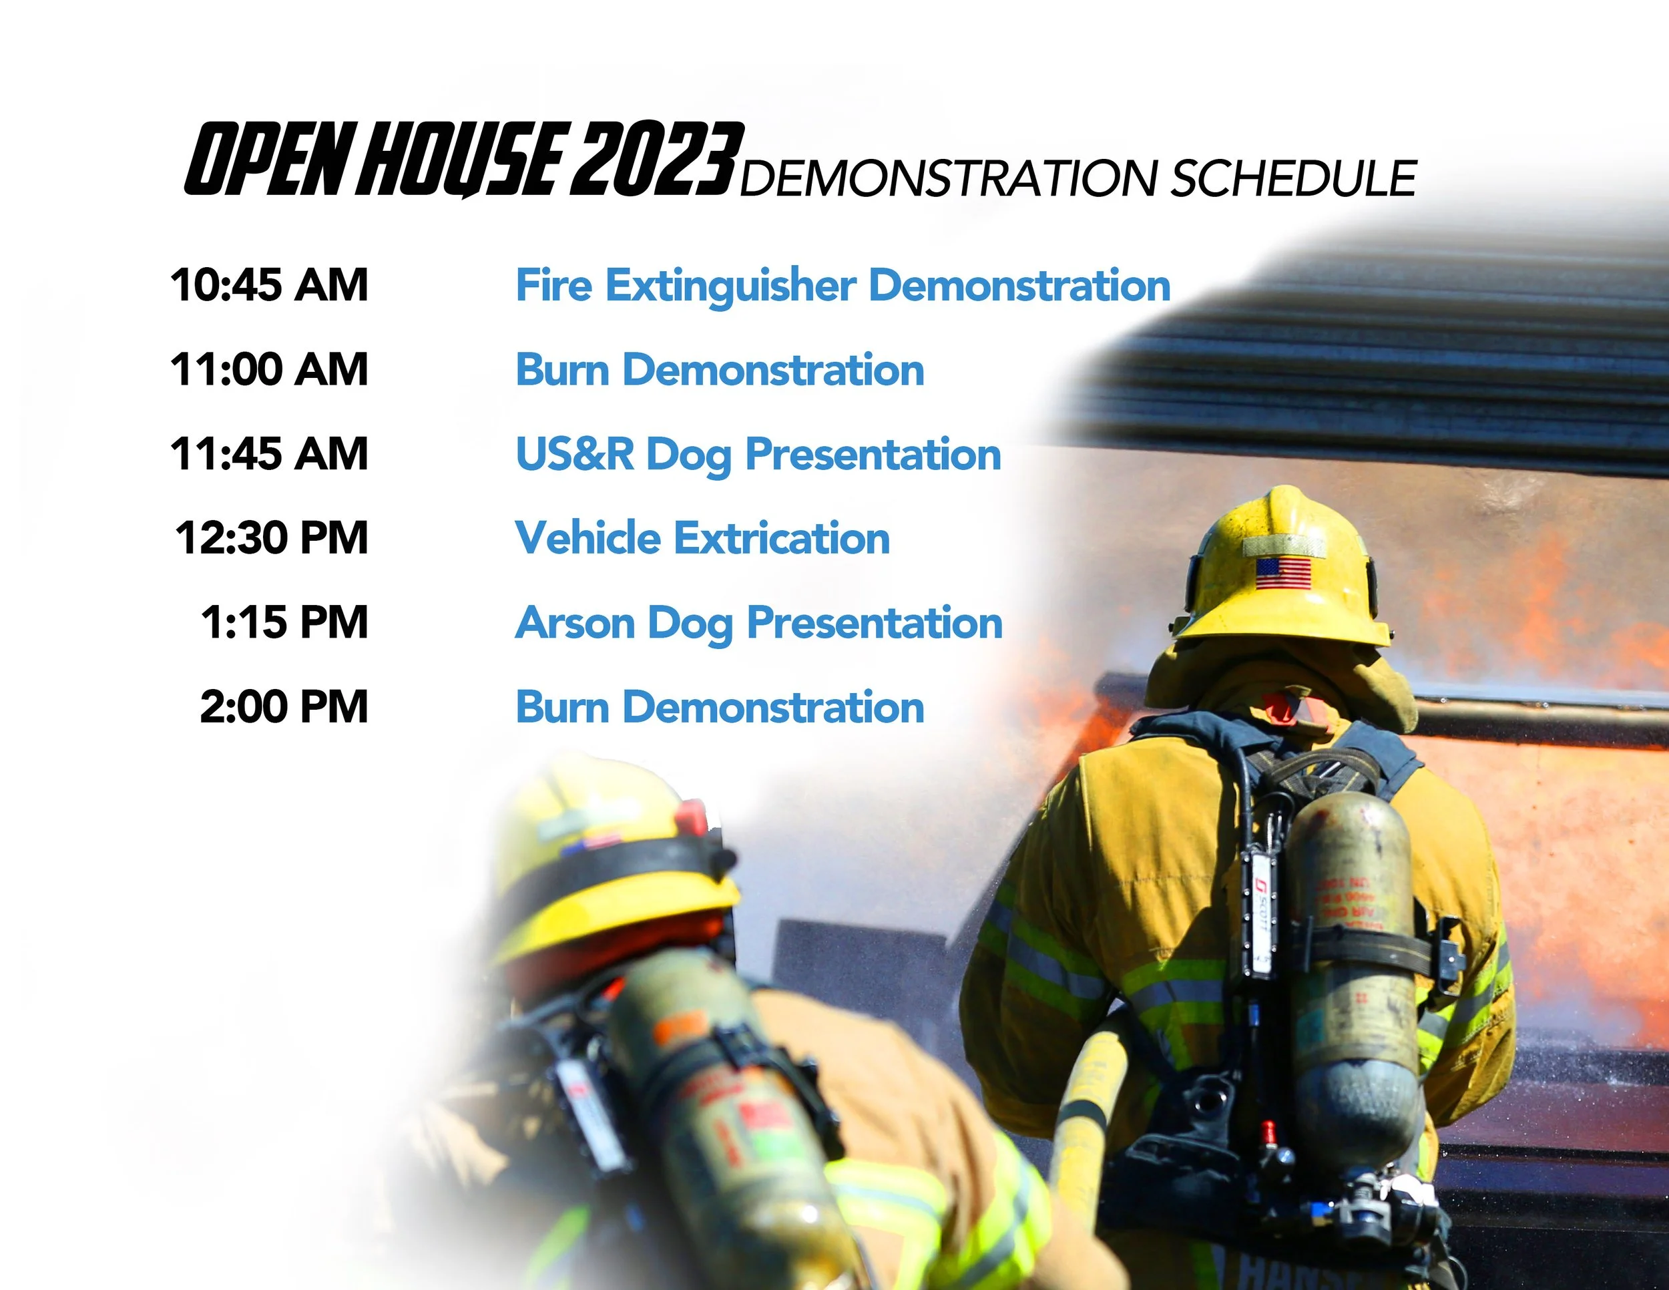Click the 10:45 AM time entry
[x=269, y=285]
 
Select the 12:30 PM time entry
[x=272, y=538]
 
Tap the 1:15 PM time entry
[x=284, y=622]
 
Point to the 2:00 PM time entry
[x=284, y=707]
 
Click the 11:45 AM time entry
[x=269, y=454]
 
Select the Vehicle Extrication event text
[x=702, y=538]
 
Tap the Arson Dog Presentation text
[x=758, y=623]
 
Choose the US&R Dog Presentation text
[x=758, y=455]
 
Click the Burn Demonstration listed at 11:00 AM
[x=720, y=370]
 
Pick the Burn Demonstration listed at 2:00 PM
[x=720, y=707]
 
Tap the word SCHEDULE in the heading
[x=1293, y=179]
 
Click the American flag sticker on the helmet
[x=1283, y=573]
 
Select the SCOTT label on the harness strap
[x=1262, y=913]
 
